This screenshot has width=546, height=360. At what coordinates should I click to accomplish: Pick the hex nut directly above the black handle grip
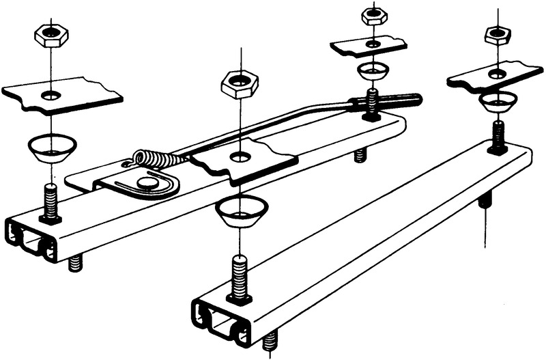pyautogui.click(x=373, y=14)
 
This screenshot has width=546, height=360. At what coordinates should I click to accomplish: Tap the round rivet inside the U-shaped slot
pyautogui.click(x=145, y=182)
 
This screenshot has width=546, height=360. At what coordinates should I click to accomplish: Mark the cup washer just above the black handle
pyautogui.click(x=372, y=70)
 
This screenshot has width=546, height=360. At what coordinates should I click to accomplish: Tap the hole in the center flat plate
pyautogui.click(x=240, y=158)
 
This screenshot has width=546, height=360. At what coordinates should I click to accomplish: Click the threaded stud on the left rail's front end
pyautogui.click(x=51, y=203)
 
